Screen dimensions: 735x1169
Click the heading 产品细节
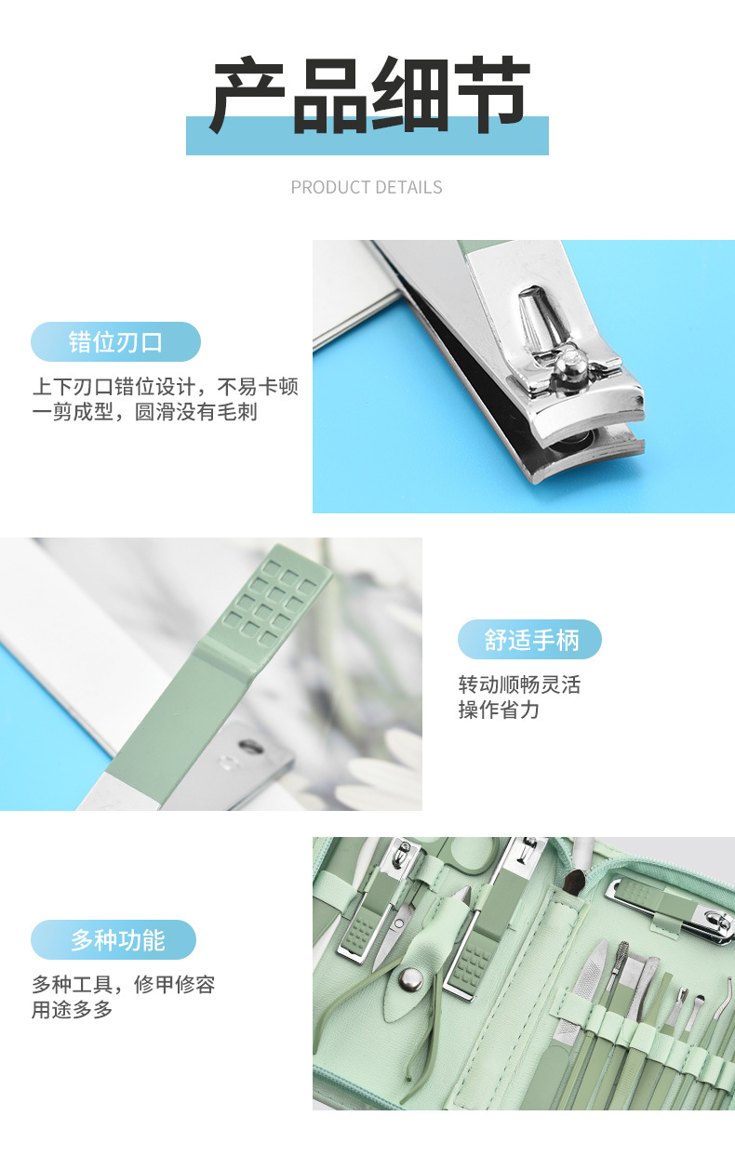(371, 95)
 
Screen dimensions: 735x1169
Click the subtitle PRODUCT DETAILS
(367, 187)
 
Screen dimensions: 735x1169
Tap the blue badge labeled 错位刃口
(116, 342)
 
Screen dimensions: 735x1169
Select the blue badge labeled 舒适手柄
(529, 639)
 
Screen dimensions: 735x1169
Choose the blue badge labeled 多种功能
(114, 940)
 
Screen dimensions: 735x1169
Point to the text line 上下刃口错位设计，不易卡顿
(166, 387)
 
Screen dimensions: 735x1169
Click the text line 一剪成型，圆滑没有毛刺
(145, 412)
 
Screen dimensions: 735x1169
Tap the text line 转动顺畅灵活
(519, 684)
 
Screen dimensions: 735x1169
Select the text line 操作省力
(499, 710)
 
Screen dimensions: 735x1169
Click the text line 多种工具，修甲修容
(124, 985)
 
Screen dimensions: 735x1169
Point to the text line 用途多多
(73, 1010)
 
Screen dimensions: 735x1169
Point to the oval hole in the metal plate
(251, 746)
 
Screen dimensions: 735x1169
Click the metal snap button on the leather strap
(411, 978)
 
